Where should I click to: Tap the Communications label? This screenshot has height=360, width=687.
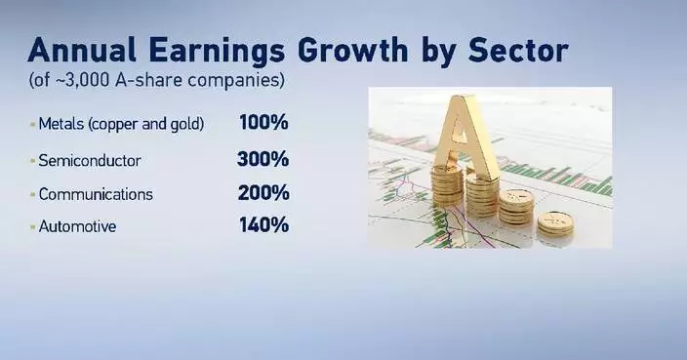click(x=96, y=193)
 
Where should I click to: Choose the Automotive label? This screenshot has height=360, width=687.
click(x=77, y=226)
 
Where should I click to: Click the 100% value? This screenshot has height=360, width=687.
click(x=263, y=124)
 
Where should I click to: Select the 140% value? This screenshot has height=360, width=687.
click(x=263, y=225)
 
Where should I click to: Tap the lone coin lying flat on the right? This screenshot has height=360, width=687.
click(x=555, y=221)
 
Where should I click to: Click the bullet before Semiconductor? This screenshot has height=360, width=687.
click(x=31, y=160)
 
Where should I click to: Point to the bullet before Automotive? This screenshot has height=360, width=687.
click(x=31, y=227)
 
